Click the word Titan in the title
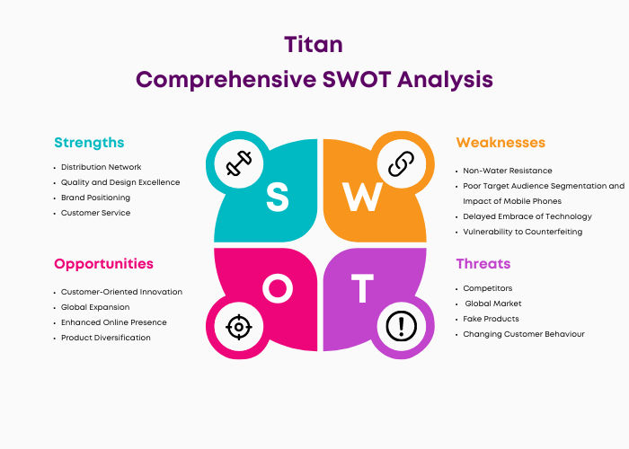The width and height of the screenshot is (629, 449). [x=314, y=44]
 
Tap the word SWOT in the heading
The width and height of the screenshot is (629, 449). [x=357, y=79]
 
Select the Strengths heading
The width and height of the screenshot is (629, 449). [x=89, y=143]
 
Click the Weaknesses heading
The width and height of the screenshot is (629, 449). [x=501, y=142]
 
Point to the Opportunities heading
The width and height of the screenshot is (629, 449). [x=103, y=264]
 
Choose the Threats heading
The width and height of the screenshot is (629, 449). [x=483, y=263]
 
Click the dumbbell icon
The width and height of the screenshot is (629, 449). [x=239, y=163]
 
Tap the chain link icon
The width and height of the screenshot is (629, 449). [x=401, y=163]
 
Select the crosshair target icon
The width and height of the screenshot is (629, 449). [x=239, y=327]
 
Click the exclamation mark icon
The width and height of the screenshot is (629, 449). [x=401, y=326]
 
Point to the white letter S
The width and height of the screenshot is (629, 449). [x=277, y=197]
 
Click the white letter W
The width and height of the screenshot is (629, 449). [x=362, y=197]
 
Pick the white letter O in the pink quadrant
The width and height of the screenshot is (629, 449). [x=278, y=288]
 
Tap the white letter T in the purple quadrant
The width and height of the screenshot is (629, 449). [x=362, y=288]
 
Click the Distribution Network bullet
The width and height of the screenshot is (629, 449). [x=101, y=167]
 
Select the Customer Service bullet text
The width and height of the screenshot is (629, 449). [x=95, y=213]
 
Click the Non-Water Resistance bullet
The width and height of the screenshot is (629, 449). [x=508, y=171]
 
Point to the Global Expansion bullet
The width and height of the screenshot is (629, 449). [x=95, y=307]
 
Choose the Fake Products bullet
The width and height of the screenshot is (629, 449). [x=491, y=319]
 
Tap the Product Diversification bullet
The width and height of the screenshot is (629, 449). [x=105, y=338]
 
